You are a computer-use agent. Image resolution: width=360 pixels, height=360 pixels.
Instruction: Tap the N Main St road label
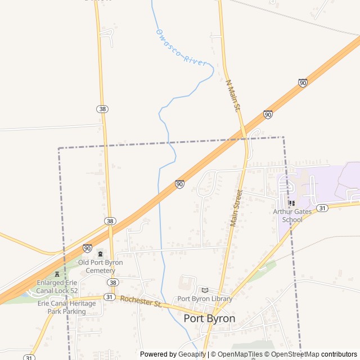[233, 94]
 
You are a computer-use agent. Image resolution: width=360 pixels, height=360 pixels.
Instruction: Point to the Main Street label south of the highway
[236, 208]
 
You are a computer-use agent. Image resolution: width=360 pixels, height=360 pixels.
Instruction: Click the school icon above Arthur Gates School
[291, 203]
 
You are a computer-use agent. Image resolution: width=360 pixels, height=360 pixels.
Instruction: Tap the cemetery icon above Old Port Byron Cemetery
[100, 254]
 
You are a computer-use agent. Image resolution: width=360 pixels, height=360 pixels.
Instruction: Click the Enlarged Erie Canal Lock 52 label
[57, 286]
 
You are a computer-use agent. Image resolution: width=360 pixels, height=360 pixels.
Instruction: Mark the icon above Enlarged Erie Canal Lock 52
[57, 274]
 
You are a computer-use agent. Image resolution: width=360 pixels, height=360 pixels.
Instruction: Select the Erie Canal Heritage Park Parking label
[66, 307]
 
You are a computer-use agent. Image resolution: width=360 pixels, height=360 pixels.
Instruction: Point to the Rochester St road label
[141, 301]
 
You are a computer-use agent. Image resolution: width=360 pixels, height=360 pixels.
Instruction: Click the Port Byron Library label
[205, 299]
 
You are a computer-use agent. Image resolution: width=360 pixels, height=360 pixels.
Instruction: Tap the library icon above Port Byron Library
[204, 290]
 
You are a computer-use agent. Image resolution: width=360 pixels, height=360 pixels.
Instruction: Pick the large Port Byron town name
[209, 318]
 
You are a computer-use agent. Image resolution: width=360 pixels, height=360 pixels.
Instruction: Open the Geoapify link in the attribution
[192, 354]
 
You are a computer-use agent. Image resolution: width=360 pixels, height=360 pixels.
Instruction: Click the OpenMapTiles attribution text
[237, 354]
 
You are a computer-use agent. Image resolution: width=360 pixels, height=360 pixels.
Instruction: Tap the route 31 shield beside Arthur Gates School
[322, 208]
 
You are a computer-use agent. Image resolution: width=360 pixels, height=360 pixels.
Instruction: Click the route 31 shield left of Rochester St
[109, 296]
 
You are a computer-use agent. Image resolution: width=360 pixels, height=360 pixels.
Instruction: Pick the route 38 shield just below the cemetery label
[113, 282]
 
